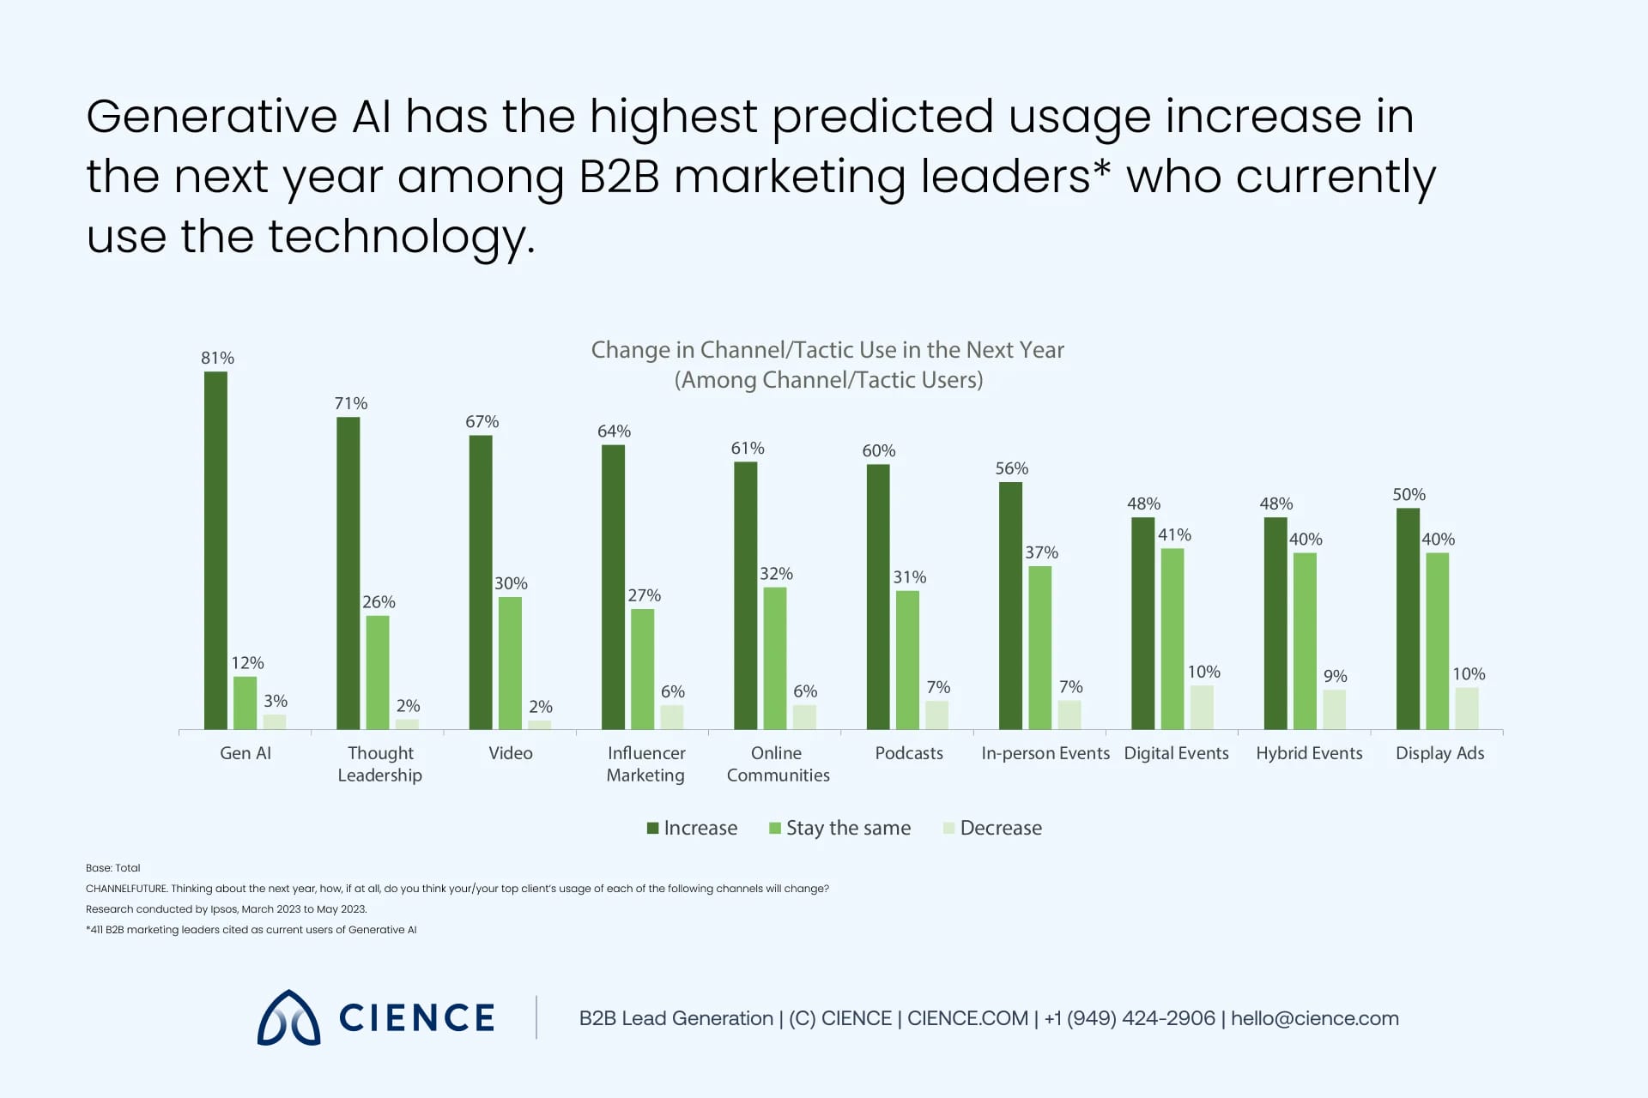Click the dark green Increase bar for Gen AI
point(215,550)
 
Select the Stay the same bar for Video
point(510,662)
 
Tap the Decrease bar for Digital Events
point(1202,707)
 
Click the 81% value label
point(217,358)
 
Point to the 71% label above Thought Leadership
point(350,403)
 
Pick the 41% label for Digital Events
point(1174,534)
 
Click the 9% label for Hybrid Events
point(1335,676)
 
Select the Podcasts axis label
point(908,752)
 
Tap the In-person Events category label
point(1045,752)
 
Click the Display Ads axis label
point(1439,752)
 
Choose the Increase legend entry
point(692,828)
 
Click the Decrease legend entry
point(992,828)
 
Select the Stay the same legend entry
point(839,828)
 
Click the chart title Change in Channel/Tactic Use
point(827,350)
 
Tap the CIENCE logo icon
point(288,1018)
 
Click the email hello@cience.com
point(1314,1018)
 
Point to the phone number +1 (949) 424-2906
point(1130,1018)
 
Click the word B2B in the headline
point(619,177)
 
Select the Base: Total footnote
point(112,867)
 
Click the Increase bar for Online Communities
point(745,595)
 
